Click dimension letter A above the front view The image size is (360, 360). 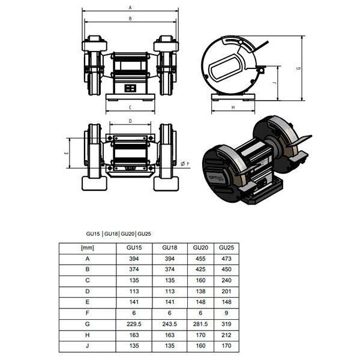click(x=130, y=7)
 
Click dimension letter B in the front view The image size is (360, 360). click(x=130, y=19)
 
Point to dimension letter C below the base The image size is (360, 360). click(x=130, y=107)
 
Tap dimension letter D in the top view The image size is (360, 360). click(x=130, y=121)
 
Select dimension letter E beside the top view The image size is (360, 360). click(x=66, y=154)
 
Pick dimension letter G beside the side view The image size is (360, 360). click(x=298, y=68)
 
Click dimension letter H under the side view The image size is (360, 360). click(x=232, y=108)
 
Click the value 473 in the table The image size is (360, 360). click(x=226, y=259)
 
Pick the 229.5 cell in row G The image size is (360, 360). click(x=134, y=324)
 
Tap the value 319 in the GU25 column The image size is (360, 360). click(x=226, y=324)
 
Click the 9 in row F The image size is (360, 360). click(x=226, y=313)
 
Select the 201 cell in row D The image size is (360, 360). click(x=226, y=292)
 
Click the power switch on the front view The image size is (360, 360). click(x=130, y=88)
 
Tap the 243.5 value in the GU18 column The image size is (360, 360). click(x=170, y=324)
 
